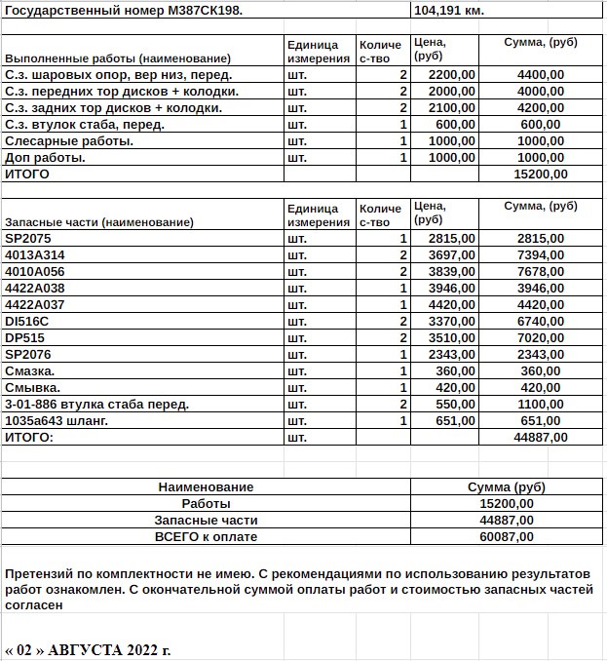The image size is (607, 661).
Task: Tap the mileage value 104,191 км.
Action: [449, 10]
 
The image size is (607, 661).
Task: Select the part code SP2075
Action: [28, 238]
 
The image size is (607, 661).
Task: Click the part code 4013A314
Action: [34, 254]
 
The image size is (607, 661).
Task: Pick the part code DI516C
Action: [27, 321]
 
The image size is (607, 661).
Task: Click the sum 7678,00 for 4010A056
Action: [540, 271]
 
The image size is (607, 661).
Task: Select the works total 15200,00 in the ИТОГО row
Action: [540, 174]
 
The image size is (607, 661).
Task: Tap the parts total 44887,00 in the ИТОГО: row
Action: [540, 437]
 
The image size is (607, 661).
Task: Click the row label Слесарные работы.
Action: [69, 140]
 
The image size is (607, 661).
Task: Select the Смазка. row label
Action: [29, 370]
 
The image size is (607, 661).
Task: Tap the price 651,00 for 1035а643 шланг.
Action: [455, 420]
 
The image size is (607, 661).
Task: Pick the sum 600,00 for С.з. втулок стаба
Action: [544, 124]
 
